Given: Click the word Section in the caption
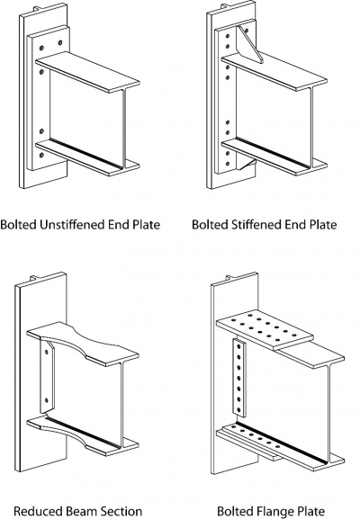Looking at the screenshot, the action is [x=121, y=512].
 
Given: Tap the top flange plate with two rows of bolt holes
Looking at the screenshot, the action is [x=265, y=329].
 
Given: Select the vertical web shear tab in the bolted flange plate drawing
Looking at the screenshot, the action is [x=238, y=378].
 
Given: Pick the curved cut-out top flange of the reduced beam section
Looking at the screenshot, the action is [x=83, y=343].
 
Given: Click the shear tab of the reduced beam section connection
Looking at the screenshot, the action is [x=47, y=377].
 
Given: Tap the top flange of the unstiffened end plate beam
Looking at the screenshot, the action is [x=87, y=72].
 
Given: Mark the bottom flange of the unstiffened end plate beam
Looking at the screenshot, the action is [x=87, y=158].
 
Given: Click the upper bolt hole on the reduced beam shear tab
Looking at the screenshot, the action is [x=47, y=352].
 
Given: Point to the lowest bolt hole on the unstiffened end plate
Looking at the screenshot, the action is [x=41, y=155].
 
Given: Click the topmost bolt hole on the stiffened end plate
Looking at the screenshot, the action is [x=227, y=36].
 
